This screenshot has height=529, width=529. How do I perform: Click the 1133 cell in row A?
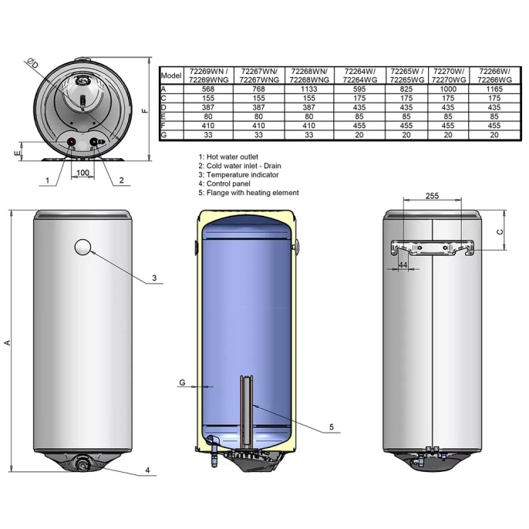(308, 89)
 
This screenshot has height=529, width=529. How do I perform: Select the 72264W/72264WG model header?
(359, 76)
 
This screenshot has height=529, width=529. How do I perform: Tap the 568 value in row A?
(208, 89)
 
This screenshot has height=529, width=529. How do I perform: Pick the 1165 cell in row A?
(494, 89)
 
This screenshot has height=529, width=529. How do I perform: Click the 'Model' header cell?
(171, 76)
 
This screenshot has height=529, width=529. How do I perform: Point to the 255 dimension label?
(432, 196)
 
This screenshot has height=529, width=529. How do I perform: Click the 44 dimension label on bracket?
(403, 265)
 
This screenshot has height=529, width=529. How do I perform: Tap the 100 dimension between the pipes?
(83, 173)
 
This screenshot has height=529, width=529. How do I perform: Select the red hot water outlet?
(72, 142)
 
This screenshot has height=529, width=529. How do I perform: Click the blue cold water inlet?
(94, 142)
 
